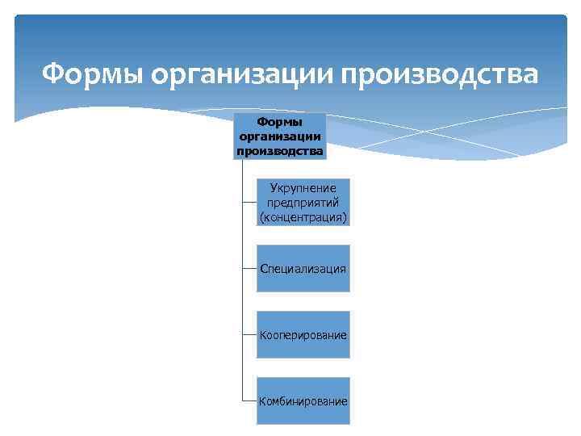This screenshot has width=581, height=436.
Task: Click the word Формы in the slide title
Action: (x=92, y=74)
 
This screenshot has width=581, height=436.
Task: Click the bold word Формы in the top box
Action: (x=279, y=122)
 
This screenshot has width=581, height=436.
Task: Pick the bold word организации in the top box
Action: (x=279, y=136)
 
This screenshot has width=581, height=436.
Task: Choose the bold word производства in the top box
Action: (x=279, y=149)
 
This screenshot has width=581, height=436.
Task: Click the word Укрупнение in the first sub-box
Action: (x=303, y=188)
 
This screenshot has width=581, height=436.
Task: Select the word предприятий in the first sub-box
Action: (x=303, y=202)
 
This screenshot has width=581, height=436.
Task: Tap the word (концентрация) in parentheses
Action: (x=303, y=216)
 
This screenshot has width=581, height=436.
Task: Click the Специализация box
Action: (x=303, y=268)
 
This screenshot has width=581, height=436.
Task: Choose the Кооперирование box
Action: (x=303, y=334)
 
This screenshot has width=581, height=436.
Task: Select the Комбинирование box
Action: (x=303, y=400)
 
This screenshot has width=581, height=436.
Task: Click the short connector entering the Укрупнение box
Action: (x=249, y=202)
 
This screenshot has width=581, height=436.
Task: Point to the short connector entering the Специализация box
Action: (x=249, y=268)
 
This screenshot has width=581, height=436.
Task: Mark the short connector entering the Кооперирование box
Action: (x=249, y=334)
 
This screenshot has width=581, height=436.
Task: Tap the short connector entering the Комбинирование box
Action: (x=249, y=400)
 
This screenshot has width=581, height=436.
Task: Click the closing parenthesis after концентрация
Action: (x=345, y=217)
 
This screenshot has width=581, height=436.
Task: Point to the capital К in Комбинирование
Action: (x=262, y=401)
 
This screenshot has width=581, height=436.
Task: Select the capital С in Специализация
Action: (x=263, y=268)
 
